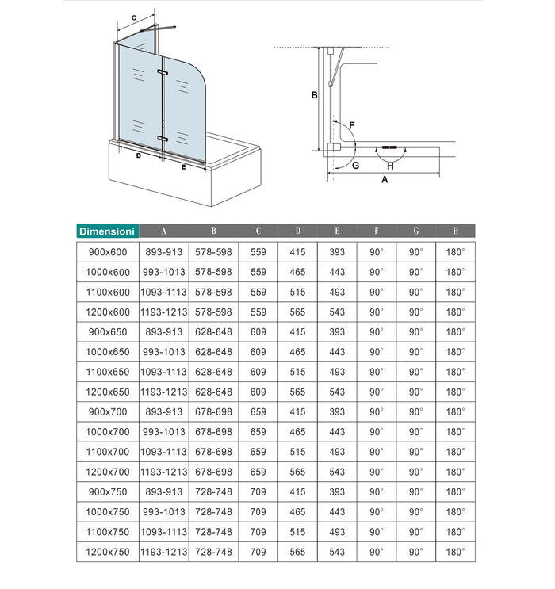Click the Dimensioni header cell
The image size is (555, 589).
point(107,231)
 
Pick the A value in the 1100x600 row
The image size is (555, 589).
point(163,292)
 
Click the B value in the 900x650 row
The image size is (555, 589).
point(213,331)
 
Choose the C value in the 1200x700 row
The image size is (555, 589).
point(258,472)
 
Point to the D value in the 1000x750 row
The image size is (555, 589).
point(297,511)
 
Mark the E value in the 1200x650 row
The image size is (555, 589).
point(337,392)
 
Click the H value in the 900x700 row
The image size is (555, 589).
point(455,411)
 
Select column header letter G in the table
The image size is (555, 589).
point(415,231)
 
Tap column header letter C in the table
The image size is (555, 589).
point(258,231)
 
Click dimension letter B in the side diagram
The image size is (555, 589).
point(315,96)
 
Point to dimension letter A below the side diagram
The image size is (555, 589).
point(385,180)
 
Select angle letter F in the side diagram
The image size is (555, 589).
point(351,126)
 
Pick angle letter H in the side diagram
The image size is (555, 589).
point(390,166)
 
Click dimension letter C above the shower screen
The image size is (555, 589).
point(134,17)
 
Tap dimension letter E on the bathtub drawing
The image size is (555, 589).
point(183,166)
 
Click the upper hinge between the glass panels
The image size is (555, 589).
point(163,73)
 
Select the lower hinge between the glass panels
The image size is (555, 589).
point(163,139)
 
